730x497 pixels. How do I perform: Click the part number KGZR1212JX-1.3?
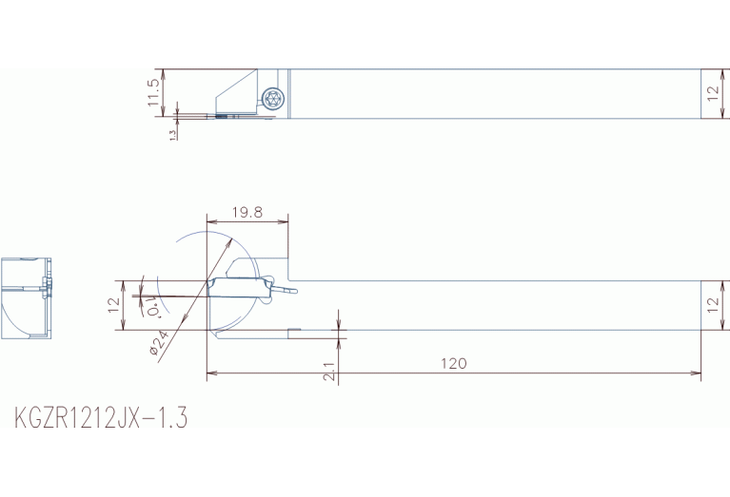[101, 417]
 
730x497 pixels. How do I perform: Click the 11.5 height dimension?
[153, 92]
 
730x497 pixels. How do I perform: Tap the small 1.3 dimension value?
[172, 134]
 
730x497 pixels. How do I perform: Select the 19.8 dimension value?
[247, 213]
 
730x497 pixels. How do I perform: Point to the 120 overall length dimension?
[454, 363]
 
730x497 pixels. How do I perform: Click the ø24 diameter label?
[159, 343]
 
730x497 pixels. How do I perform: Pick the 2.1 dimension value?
[329, 372]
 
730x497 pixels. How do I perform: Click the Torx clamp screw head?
[272, 98]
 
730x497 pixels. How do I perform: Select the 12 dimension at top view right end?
[713, 93]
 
